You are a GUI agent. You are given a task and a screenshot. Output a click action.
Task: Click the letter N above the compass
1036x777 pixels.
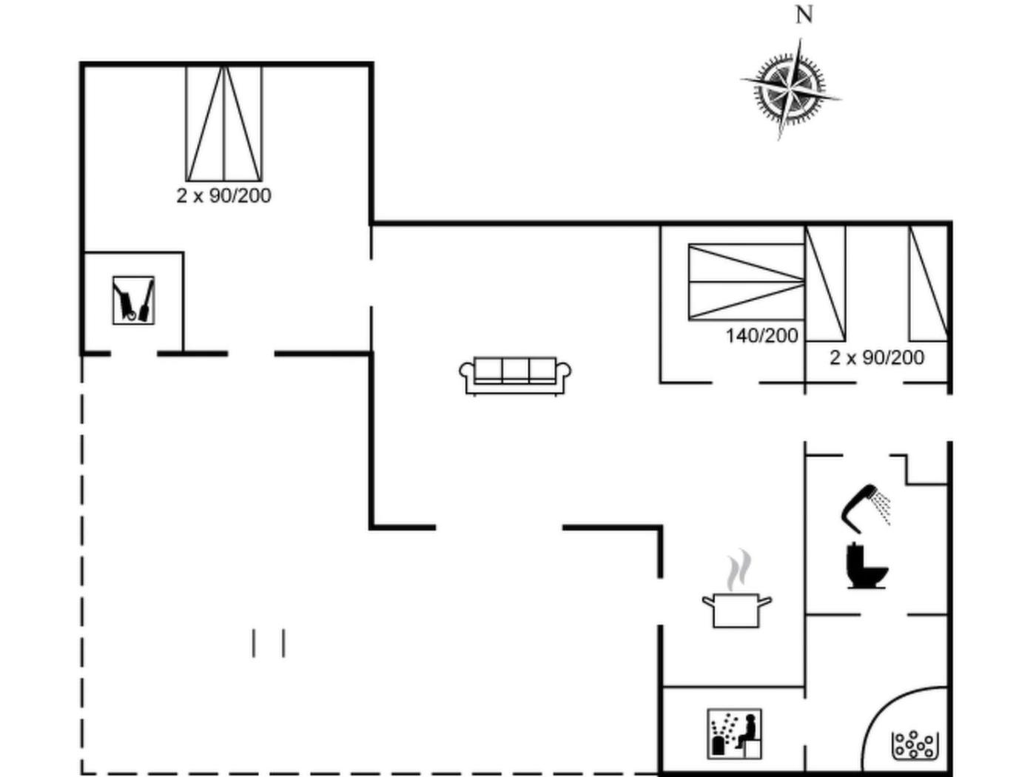point(804,15)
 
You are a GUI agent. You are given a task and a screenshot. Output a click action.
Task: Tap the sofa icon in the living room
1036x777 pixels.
point(515,375)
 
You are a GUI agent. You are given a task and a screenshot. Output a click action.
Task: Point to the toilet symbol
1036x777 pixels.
point(867,565)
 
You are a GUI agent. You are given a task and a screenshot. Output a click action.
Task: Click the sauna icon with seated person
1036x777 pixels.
point(734,733)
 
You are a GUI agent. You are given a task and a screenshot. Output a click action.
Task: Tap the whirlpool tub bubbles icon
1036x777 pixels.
point(915,745)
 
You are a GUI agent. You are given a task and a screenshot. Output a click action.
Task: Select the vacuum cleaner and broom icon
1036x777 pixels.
point(134,300)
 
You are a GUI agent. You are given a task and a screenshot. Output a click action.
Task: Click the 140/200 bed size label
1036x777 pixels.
point(761,336)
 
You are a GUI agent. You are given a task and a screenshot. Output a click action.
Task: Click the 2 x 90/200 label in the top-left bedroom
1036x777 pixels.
point(223,196)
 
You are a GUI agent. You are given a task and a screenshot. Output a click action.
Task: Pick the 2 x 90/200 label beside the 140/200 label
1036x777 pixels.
point(877,357)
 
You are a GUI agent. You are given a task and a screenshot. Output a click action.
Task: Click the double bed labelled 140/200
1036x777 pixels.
point(747,282)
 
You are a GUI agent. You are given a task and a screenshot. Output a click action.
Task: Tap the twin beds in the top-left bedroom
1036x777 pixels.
point(223,124)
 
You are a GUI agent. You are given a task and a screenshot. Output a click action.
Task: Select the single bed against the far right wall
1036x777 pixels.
point(929,283)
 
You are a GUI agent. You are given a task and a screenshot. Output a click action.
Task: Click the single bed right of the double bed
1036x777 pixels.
point(825,283)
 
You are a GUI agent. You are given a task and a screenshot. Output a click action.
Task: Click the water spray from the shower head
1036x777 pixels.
point(881,508)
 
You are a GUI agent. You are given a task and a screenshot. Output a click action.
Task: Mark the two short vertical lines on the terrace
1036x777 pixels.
point(269,643)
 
